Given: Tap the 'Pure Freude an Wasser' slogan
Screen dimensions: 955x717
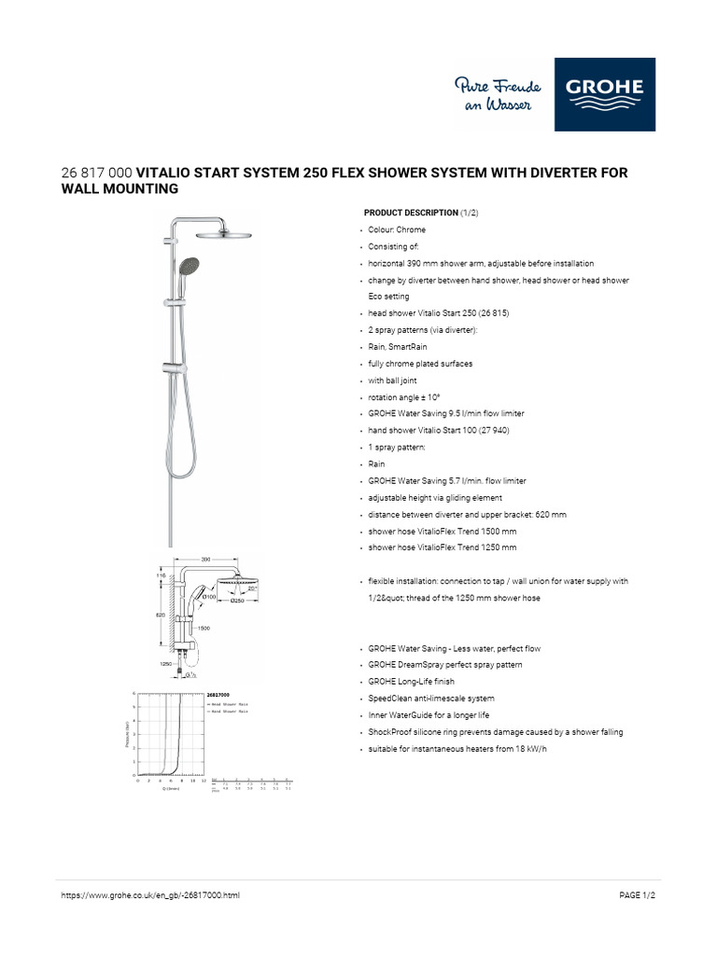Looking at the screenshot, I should pyautogui.click(x=494, y=94).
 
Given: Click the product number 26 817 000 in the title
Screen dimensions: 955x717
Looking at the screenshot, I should pyautogui.click(x=97, y=173).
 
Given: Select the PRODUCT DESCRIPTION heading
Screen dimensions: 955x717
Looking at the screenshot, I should pyautogui.click(x=411, y=213).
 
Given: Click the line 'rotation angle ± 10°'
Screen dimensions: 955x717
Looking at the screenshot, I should pyautogui.click(x=407, y=397).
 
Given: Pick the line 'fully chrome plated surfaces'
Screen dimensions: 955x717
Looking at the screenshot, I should pyautogui.click(x=421, y=364).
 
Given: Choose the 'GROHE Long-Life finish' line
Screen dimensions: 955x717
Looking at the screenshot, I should pyautogui.click(x=413, y=682).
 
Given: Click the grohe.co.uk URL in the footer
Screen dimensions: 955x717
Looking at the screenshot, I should pyautogui.click(x=150, y=895).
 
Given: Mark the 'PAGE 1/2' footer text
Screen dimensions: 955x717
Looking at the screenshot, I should pyautogui.click(x=638, y=895).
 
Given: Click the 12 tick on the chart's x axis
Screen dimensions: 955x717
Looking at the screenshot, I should pyautogui.click(x=204, y=782).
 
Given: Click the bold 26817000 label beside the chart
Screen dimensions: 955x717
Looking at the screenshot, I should pyautogui.click(x=218, y=696).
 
